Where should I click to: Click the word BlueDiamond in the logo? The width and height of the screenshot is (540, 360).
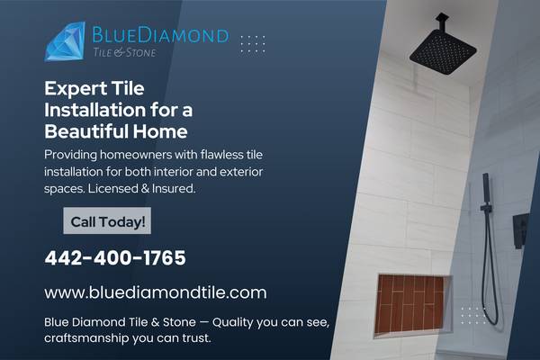coord(160,35)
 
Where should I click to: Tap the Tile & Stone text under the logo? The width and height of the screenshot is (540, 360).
coord(124,53)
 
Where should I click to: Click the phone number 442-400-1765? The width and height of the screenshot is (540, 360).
coord(115,258)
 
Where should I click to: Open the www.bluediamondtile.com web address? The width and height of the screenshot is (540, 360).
coord(156,292)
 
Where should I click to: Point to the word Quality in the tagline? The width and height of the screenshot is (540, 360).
coord(202,320)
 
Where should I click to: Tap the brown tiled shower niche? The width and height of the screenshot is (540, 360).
coord(410,302)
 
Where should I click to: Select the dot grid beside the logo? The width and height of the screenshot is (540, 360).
coord(253,43)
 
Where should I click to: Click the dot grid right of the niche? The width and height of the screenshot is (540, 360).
coord(473,312)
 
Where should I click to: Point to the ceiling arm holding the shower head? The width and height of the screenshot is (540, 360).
coord(442,24)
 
